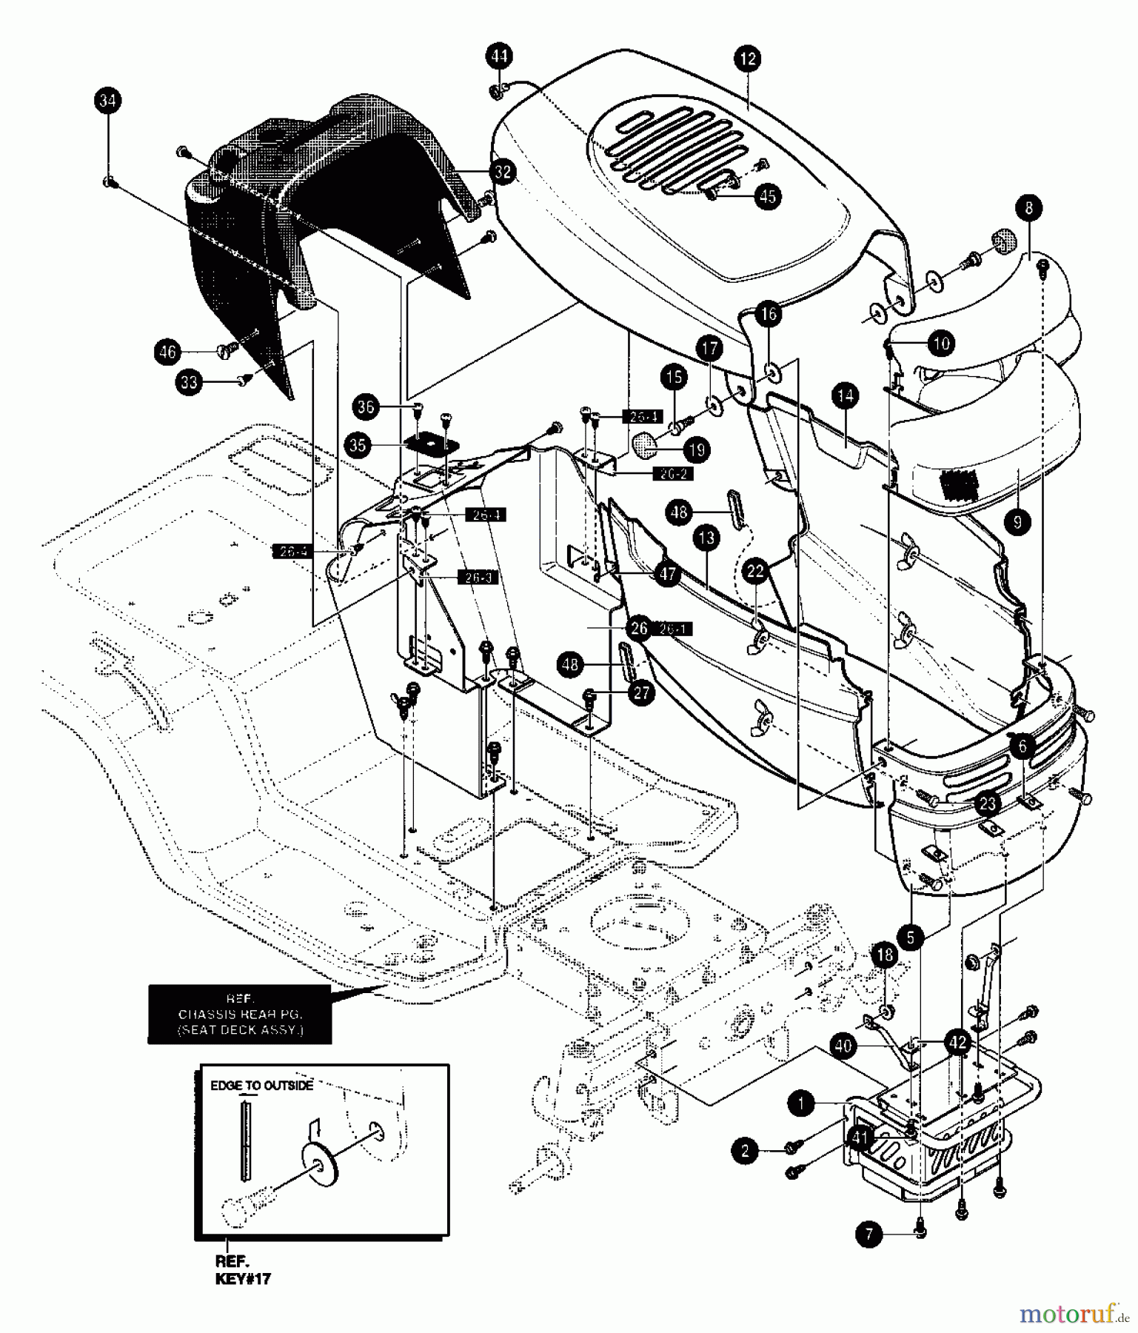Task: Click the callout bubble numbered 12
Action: [748, 59]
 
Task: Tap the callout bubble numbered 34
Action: [108, 101]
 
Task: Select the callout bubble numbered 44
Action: [500, 56]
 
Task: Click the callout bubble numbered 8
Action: [1029, 208]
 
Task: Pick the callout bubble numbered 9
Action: [1017, 522]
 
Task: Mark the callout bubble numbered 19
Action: [697, 450]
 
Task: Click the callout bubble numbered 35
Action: [359, 445]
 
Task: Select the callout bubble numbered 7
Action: [869, 1234]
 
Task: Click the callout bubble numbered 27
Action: [641, 692]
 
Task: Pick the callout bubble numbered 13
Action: [707, 538]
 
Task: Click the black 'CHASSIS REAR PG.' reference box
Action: [239, 1014]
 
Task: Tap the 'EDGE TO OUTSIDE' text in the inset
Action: [261, 1086]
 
